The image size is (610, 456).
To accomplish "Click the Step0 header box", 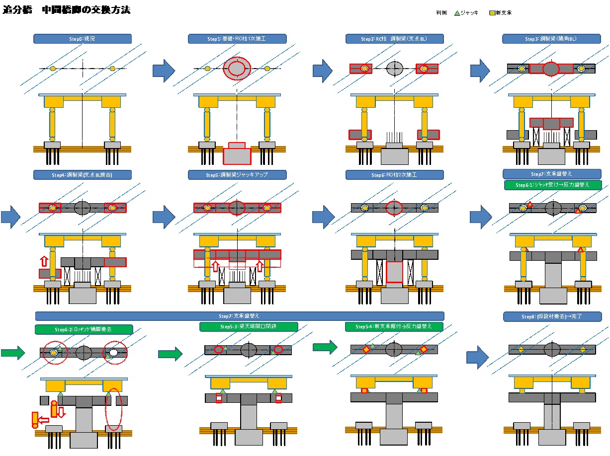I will pyautogui.click(x=83, y=39).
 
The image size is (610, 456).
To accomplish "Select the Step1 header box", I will pyautogui.click(x=237, y=39).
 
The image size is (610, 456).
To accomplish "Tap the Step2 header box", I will pyautogui.click(x=394, y=39).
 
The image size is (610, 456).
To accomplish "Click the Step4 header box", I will pyautogui.click(x=83, y=175).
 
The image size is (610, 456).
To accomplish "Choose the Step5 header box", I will pyautogui.click(x=237, y=175).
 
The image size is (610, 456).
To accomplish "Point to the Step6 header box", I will pyautogui.click(x=394, y=175).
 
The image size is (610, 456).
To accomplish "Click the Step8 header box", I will pyautogui.click(x=552, y=316).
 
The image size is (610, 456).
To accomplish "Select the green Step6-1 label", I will pyautogui.click(x=552, y=185).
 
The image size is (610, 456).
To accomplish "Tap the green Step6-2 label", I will pyautogui.click(x=84, y=329).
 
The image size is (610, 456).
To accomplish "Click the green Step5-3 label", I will pyautogui.click(x=249, y=327).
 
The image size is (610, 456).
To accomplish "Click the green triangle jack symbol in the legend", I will pyautogui.click(x=457, y=13).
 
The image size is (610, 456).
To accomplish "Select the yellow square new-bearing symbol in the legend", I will pyautogui.click(x=492, y=13).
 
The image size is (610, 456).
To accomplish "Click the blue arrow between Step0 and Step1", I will pyautogui.click(x=164, y=71).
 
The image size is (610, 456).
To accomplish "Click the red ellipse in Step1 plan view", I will pyautogui.click(x=237, y=69).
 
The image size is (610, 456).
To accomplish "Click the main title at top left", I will pyautogui.click(x=67, y=10).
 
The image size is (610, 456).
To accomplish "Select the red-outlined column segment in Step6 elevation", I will pyautogui.click(x=394, y=272).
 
